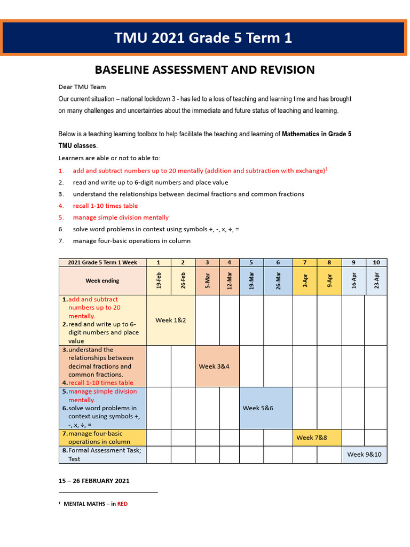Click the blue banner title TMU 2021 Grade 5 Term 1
(203, 38)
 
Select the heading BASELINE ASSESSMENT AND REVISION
(204, 70)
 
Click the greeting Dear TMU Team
(82, 87)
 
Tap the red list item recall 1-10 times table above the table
(105, 206)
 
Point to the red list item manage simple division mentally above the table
(121, 217)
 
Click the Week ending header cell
(102, 281)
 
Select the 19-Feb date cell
(158, 281)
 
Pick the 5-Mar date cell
(207, 281)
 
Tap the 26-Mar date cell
(278, 281)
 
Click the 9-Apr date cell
(329, 281)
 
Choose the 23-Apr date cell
(376, 281)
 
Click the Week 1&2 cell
(170, 320)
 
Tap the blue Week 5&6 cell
(258, 408)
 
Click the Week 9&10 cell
(365, 455)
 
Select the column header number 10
(376, 262)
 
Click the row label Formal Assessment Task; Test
(101, 455)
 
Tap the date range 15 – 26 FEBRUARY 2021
(94, 481)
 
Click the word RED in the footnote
(122, 504)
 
